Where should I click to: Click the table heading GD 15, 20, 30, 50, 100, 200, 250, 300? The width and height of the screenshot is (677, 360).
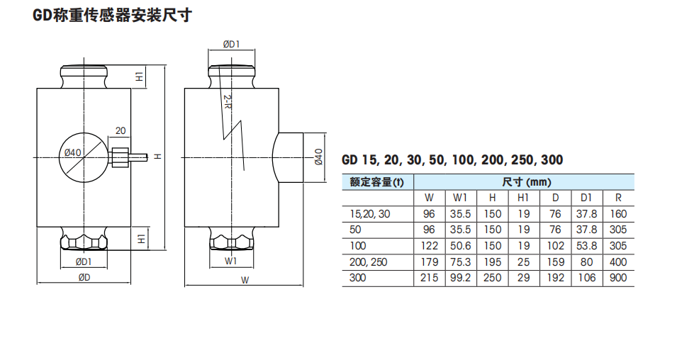452,160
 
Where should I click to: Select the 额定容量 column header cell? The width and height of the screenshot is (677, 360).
376,182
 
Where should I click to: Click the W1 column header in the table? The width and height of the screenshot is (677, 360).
460,198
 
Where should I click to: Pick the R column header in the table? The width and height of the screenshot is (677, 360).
618,198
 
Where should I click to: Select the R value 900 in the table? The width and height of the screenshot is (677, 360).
618,278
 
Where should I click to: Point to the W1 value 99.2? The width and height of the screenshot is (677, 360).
460,278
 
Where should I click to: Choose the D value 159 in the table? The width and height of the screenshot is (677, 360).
556,261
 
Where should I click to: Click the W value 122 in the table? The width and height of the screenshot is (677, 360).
429,246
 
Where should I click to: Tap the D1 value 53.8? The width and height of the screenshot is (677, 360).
586,246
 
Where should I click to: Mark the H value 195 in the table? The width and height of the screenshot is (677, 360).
492,261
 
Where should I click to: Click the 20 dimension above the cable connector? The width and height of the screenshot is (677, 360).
120,130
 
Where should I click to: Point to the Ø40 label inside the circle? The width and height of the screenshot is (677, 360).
72,152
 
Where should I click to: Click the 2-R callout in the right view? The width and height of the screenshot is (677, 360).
228,103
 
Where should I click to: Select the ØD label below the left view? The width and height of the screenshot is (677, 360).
84,277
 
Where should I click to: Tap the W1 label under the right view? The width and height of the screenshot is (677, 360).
231,261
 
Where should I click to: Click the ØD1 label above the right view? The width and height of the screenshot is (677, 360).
231,44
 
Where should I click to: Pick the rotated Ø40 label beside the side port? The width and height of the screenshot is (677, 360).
318,157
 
